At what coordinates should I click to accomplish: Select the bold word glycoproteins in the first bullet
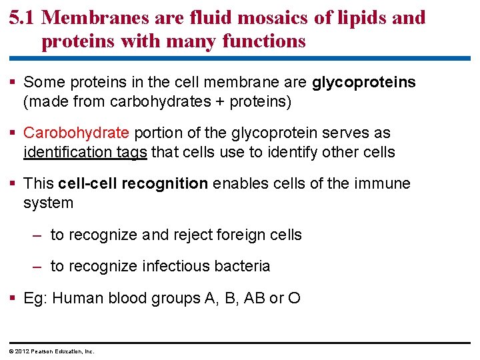point(364,83)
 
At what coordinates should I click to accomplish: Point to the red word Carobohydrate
point(74,133)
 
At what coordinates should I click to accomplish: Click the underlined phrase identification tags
point(85,153)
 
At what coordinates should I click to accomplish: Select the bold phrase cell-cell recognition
point(133,184)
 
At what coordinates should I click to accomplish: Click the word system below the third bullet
point(48,203)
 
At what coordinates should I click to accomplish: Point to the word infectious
point(175,267)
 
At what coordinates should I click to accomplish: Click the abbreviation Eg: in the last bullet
point(35,298)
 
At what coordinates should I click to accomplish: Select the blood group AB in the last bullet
point(254,298)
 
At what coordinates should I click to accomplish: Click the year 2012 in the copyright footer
point(22,351)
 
